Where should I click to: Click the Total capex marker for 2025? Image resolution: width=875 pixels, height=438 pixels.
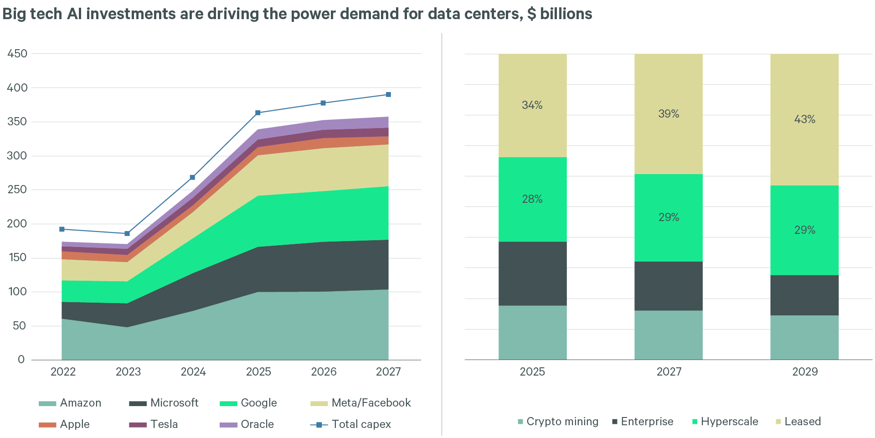click(x=258, y=113)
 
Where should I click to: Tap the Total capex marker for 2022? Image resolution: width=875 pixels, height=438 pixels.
click(x=62, y=229)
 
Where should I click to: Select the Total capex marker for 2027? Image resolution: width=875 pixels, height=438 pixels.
click(x=388, y=95)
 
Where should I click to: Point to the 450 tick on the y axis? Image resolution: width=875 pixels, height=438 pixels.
click(x=17, y=54)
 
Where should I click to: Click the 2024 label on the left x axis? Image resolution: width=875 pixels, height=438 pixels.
click(x=193, y=372)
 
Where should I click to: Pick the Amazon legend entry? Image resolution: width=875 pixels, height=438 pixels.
click(x=70, y=403)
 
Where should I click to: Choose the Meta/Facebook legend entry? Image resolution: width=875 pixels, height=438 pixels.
click(x=360, y=403)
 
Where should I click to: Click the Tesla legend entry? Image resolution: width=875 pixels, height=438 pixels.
click(x=154, y=424)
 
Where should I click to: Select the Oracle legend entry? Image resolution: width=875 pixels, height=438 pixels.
click(x=247, y=424)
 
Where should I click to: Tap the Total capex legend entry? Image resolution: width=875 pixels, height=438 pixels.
click(x=350, y=424)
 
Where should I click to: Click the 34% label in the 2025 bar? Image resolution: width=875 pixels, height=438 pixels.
click(x=532, y=105)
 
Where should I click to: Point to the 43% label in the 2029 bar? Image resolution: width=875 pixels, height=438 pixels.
click(x=804, y=119)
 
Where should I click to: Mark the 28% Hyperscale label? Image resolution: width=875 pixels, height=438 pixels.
click(x=532, y=199)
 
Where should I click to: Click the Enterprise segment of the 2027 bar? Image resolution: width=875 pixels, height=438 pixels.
click(x=668, y=286)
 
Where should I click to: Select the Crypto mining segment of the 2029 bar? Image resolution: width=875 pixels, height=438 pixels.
click(x=804, y=337)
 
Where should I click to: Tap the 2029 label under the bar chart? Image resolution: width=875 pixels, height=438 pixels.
click(x=805, y=372)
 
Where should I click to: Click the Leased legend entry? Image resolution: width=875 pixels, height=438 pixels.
click(x=798, y=422)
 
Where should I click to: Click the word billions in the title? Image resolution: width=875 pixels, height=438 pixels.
click(x=566, y=14)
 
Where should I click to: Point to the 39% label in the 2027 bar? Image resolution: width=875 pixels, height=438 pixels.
click(x=668, y=114)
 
